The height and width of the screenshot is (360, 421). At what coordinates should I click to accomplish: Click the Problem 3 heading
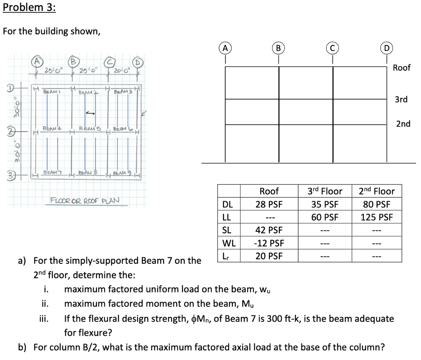click(x=29, y=8)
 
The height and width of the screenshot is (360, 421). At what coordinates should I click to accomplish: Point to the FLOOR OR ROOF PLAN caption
click(x=85, y=201)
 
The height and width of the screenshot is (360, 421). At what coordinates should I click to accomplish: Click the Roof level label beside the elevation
click(x=401, y=68)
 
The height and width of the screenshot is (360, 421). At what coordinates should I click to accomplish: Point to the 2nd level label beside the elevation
click(x=403, y=124)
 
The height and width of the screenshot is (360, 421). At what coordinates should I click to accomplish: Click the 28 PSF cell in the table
click(x=269, y=204)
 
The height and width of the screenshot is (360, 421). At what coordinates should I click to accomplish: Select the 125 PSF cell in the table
click(x=376, y=217)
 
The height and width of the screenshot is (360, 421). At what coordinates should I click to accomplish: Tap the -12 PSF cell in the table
click(x=269, y=243)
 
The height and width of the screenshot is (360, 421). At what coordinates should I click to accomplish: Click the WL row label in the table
click(x=228, y=243)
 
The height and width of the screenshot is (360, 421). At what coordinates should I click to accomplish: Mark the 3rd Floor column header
click(x=325, y=191)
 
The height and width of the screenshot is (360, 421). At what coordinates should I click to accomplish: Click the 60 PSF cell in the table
click(x=325, y=217)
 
